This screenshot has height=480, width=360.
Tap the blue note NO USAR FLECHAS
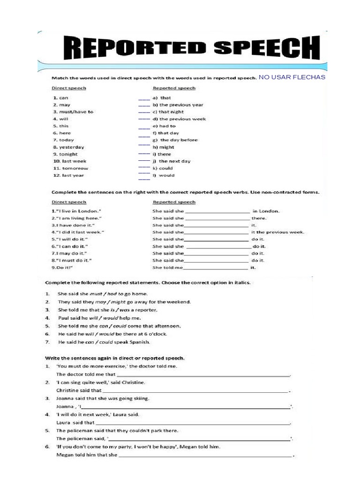pyautogui.click(x=292, y=77)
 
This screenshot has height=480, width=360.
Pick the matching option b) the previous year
pyautogui.click(x=177, y=105)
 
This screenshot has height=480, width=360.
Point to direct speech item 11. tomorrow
pyautogui.click(x=70, y=168)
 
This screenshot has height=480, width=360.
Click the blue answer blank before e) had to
pyautogui.click(x=144, y=127)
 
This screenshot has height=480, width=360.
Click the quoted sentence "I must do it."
pyautogui.click(x=72, y=260)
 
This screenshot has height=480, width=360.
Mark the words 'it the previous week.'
pyautogui.click(x=278, y=232)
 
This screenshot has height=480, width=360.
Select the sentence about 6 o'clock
pyautogui.click(x=112, y=334)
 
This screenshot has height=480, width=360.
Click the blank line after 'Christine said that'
pyautogui.click(x=195, y=390)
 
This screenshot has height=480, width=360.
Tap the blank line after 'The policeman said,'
pyautogui.click(x=199, y=439)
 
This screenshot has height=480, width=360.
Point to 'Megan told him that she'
pyautogui.click(x=87, y=455)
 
